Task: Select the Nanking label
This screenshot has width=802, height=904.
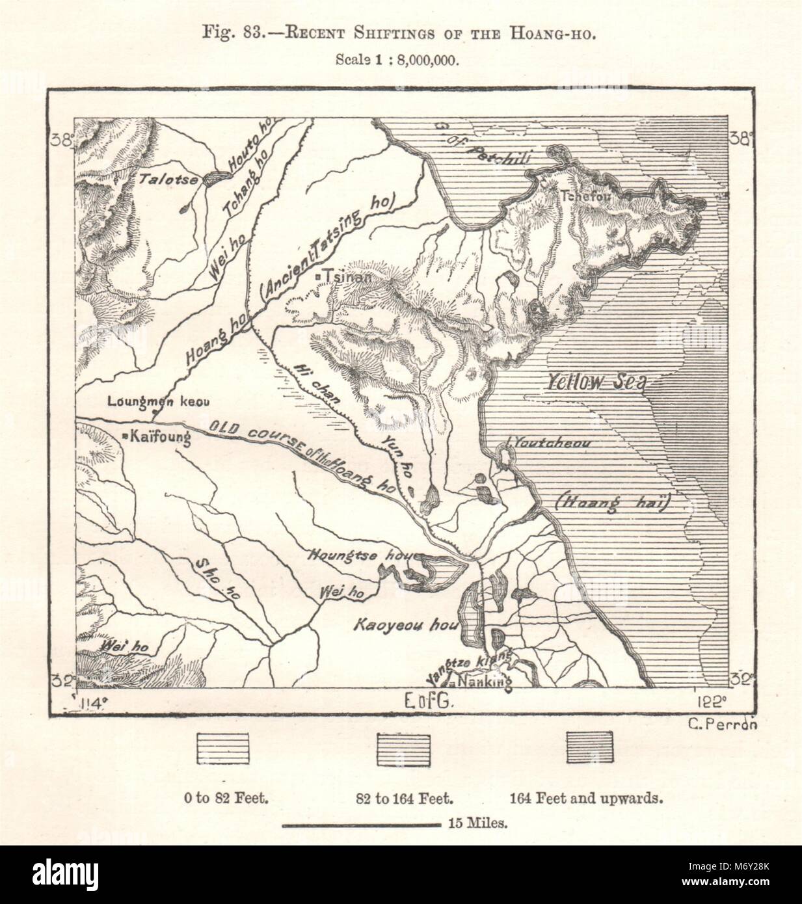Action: (x=484, y=682)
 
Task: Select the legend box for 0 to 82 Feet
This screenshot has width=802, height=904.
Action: (x=224, y=747)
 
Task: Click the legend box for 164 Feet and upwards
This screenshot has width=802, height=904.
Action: (x=589, y=747)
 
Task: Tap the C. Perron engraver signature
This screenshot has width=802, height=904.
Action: (x=722, y=726)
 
